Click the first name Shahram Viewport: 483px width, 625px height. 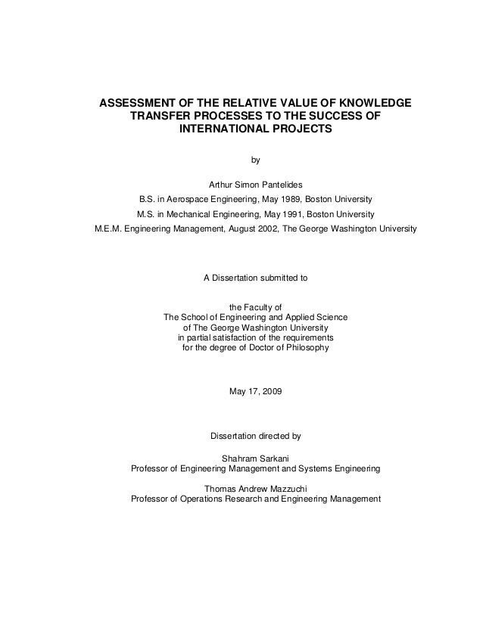(x=237, y=457)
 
